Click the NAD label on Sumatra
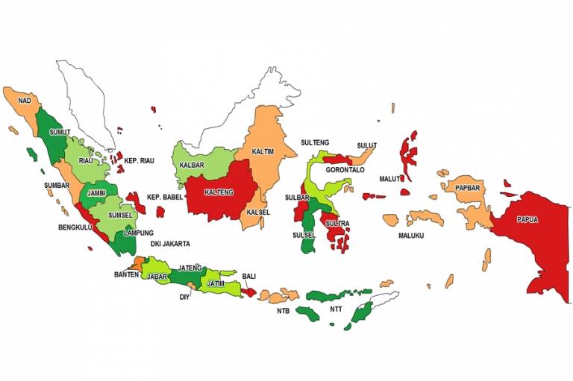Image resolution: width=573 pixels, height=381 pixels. [25, 100]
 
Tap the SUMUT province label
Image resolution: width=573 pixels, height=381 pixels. [60, 132]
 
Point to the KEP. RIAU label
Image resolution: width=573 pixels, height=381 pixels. [140, 160]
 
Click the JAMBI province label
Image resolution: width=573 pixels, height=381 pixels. [96, 193]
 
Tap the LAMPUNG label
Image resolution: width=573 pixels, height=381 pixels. [138, 233]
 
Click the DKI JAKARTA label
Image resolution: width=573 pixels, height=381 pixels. [168, 244]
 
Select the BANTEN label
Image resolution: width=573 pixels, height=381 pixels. [126, 275]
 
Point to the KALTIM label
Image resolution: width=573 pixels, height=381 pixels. [263, 151]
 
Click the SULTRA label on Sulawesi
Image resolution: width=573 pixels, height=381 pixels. [338, 223]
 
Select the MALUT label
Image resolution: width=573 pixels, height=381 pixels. [390, 179]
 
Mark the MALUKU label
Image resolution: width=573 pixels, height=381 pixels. [410, 236]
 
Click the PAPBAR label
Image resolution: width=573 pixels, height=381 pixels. [468, 188]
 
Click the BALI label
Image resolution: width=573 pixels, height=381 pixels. [249, 276]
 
